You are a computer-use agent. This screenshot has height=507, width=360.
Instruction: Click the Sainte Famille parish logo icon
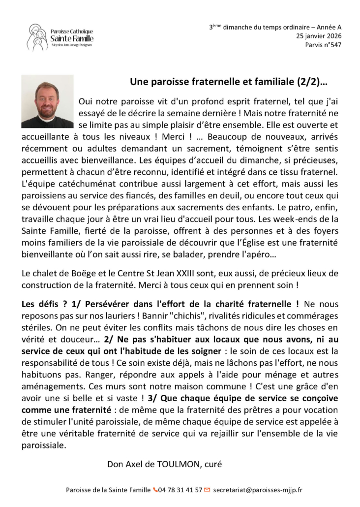[x=37, y=37]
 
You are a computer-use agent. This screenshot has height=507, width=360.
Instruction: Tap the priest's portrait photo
[x=47, y=101]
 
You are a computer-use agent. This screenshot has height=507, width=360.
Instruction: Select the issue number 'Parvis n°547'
[x=322, y=45]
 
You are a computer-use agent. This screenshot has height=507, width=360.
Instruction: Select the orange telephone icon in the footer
[x=155, y=490]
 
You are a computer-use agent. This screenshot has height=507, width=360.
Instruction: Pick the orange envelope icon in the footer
[x=207, y=490]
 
